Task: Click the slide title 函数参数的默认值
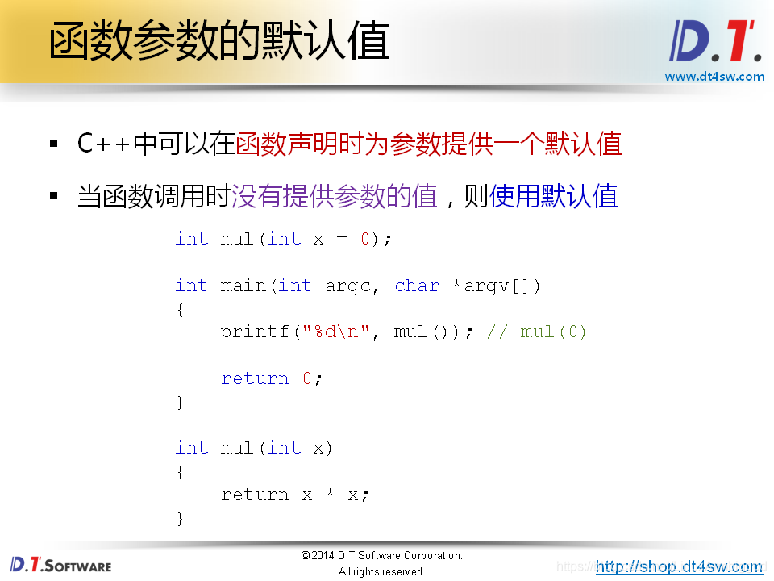click(218, 42)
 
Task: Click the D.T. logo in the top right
click(715, 41)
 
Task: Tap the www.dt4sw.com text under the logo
click(714, 77)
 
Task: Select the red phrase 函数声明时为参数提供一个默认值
click(428, 144)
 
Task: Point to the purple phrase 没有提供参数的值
click(335, 196)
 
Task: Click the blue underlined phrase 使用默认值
click(554, 196)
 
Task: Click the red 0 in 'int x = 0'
click(364, 239)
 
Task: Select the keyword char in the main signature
click(417, 286)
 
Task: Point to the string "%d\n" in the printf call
click(336, 332)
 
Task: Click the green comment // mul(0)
click(537, 332)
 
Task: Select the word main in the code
click(243, 286)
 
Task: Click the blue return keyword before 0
click(255, 378)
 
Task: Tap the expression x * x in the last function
click(330, 495)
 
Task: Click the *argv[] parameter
click(491, 286)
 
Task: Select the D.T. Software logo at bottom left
click(61, 564)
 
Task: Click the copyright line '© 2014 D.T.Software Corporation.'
click(381, 555)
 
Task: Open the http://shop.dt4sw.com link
click(679, 566)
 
